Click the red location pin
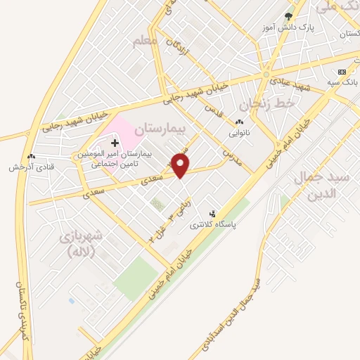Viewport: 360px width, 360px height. [x=181, y=166]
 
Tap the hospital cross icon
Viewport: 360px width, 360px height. [x=115, y=143]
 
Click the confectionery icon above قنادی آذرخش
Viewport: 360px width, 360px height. [x=30, y=157]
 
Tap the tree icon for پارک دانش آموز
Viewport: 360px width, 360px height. [x=288, y=16]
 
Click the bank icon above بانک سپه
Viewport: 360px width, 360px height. [x=342, y=72]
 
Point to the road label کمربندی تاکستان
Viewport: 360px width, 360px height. [x=21, y=313]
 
